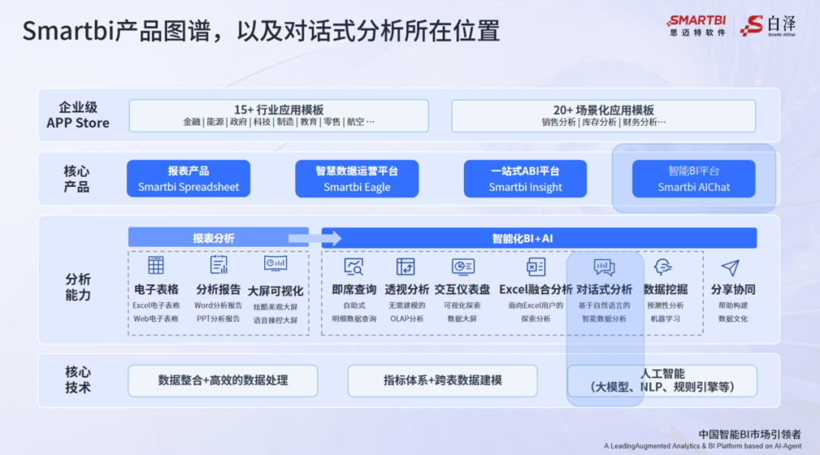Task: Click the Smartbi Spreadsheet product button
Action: pyautogui.click(x=188, y=179)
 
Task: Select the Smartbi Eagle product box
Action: pyautogui.click(x=357, y=179)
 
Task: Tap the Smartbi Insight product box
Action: pyautogui.click(x=525, y=179)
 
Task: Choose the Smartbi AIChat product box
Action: pyautogui.click(x=694, y=179)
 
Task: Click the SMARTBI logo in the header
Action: pyautogui.click(x=696, y=21)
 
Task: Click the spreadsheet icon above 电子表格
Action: pyautogui.click(x=156, y=265)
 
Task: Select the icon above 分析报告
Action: pyautogui.click(x=219, y=265)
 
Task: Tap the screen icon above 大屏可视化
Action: pyautogui.click(x=276, y=264)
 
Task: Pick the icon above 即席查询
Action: pyautogui.click(x=354, y=267)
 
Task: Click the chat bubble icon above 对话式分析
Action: pyautogui.click(x=604, y=267)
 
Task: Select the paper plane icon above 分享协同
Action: pyautogui.click(x=730, y=267)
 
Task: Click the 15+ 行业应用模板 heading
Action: pyautogui.click(x=279, y=109)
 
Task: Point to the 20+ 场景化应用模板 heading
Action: pyautogui.click(x=604, y=109)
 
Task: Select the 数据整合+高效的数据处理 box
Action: pyautogui.click(x=222, y=380)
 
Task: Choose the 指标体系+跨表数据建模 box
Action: pyautogui.click(x=443, y=380)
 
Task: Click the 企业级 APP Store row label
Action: pyautogui.click(x=78, y=115)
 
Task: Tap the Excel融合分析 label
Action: pyautogui.click(x=535, y=289)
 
